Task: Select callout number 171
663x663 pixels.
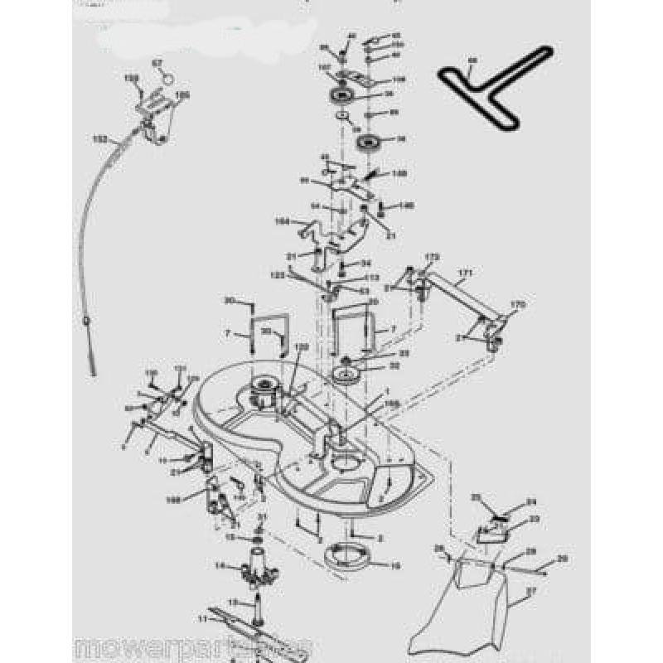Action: click(x=465, y=271)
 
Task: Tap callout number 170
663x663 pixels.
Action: click(x=518, y=305)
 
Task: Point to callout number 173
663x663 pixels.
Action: click(x=431, y=257)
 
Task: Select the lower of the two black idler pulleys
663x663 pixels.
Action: click(x=366, y=142)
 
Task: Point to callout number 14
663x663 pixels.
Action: click(x=220, y=565)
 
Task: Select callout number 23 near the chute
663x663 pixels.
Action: click(x=534, y=520)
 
